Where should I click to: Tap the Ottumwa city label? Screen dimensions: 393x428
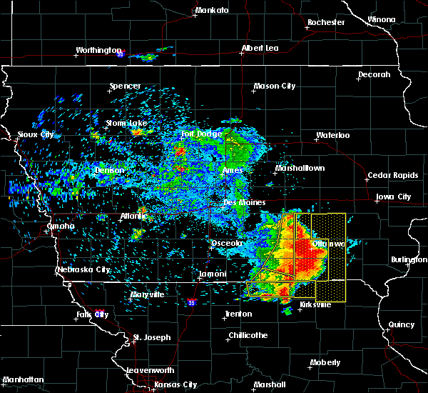coord(328,244)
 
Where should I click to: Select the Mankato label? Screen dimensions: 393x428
coord(212,11)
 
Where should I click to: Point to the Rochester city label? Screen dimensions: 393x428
coord(326,22)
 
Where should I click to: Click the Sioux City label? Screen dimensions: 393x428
coord(36,134)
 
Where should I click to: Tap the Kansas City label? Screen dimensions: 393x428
coord(175,384)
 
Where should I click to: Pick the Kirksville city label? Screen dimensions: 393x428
coord(315,304)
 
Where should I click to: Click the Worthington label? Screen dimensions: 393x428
coord(98,51)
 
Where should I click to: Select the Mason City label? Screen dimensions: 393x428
coord(275,86)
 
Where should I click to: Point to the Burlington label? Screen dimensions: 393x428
coord(408,260)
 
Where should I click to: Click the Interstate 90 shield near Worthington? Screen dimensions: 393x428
coord(121,54)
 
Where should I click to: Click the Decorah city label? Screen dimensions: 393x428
coord(374,74)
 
